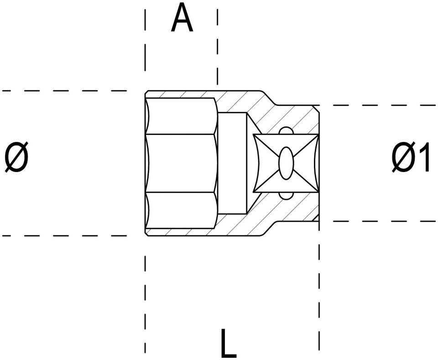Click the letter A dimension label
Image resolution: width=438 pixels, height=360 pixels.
click(x=182, y=17)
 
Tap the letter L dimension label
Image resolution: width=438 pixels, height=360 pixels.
click(x=229, y=343)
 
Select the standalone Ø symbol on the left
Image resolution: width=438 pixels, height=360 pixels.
click(x=16, y=157)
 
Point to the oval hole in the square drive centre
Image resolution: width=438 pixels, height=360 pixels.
click(x=286, y=163)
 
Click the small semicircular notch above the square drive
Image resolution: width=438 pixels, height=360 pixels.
click(x=286, y=131)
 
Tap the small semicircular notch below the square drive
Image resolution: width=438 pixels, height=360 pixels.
click(x=286, y=196)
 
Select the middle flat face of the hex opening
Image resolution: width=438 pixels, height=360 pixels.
click(x=182, y=163)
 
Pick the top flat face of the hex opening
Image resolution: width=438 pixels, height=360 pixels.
click(x=182, y=116)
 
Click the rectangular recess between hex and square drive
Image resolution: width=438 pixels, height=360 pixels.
click(x=232, y=163)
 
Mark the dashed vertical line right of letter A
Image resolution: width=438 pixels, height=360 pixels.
click(x=218, y=47)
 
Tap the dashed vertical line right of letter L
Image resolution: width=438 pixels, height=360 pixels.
click(x=319, y=297)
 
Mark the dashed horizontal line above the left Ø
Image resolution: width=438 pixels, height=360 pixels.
click(x=64, y=91)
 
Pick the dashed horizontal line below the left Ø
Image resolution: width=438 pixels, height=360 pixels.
click(x=64, y=236)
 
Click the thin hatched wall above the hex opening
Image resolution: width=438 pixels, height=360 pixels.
click(x=182, y=94)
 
